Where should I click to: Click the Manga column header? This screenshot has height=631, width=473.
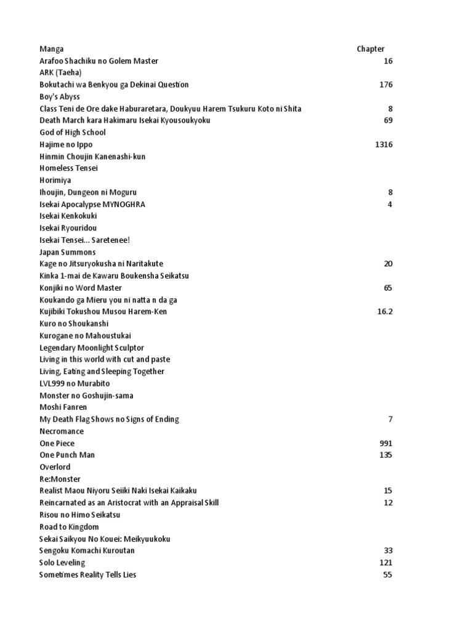(51, 49)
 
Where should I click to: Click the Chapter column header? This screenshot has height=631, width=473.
(370, 49)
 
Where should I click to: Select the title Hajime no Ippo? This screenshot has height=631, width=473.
(66, 144)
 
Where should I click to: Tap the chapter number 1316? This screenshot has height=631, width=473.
(383, 144)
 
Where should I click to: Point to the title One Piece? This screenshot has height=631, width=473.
(57, 443)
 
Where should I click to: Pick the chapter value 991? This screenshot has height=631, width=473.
(386, 443)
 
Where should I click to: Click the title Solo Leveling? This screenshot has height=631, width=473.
(62, 563)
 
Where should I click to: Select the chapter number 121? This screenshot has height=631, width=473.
(386, 563)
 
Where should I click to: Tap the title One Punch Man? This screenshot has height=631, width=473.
(67, 455)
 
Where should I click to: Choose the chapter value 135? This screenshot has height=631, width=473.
(386, 455)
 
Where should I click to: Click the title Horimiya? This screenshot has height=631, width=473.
(55, 180)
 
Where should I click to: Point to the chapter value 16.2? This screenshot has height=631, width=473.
(384, 311)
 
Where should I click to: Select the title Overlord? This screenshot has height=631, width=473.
(55, 467)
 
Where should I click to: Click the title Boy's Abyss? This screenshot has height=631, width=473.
(60, 97)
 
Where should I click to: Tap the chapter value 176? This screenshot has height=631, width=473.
(386, 84)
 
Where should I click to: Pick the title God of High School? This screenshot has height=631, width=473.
(73, 132)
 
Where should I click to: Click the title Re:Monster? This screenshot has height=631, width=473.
(60, 479)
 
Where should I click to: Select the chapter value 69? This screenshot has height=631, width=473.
(388, 120)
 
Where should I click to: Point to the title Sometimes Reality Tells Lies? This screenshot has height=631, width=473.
(88, 574)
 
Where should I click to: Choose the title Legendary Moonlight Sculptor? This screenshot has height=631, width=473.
(92, 348)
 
